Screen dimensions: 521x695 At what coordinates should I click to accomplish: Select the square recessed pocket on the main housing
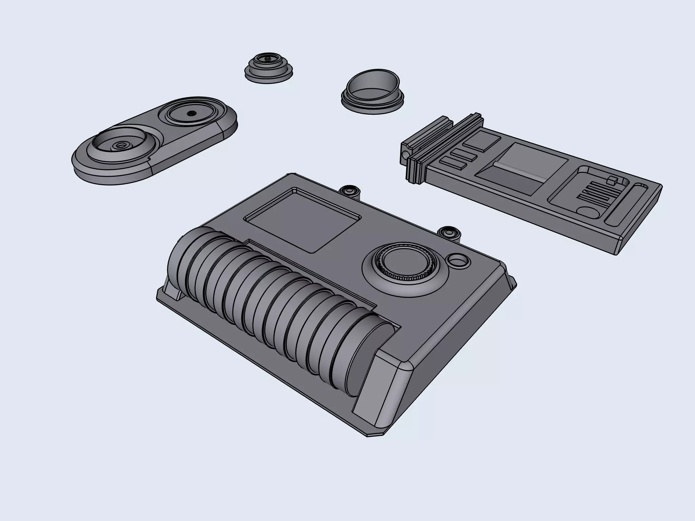302,220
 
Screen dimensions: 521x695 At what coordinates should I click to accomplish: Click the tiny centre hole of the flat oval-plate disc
192,113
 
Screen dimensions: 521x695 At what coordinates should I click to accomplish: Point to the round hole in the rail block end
405,156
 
